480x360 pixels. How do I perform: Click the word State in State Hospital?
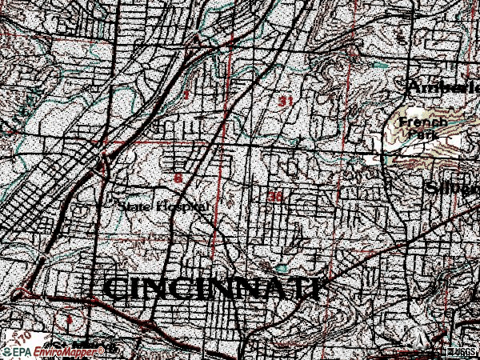pyautogui.click(x=134, y=206)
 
